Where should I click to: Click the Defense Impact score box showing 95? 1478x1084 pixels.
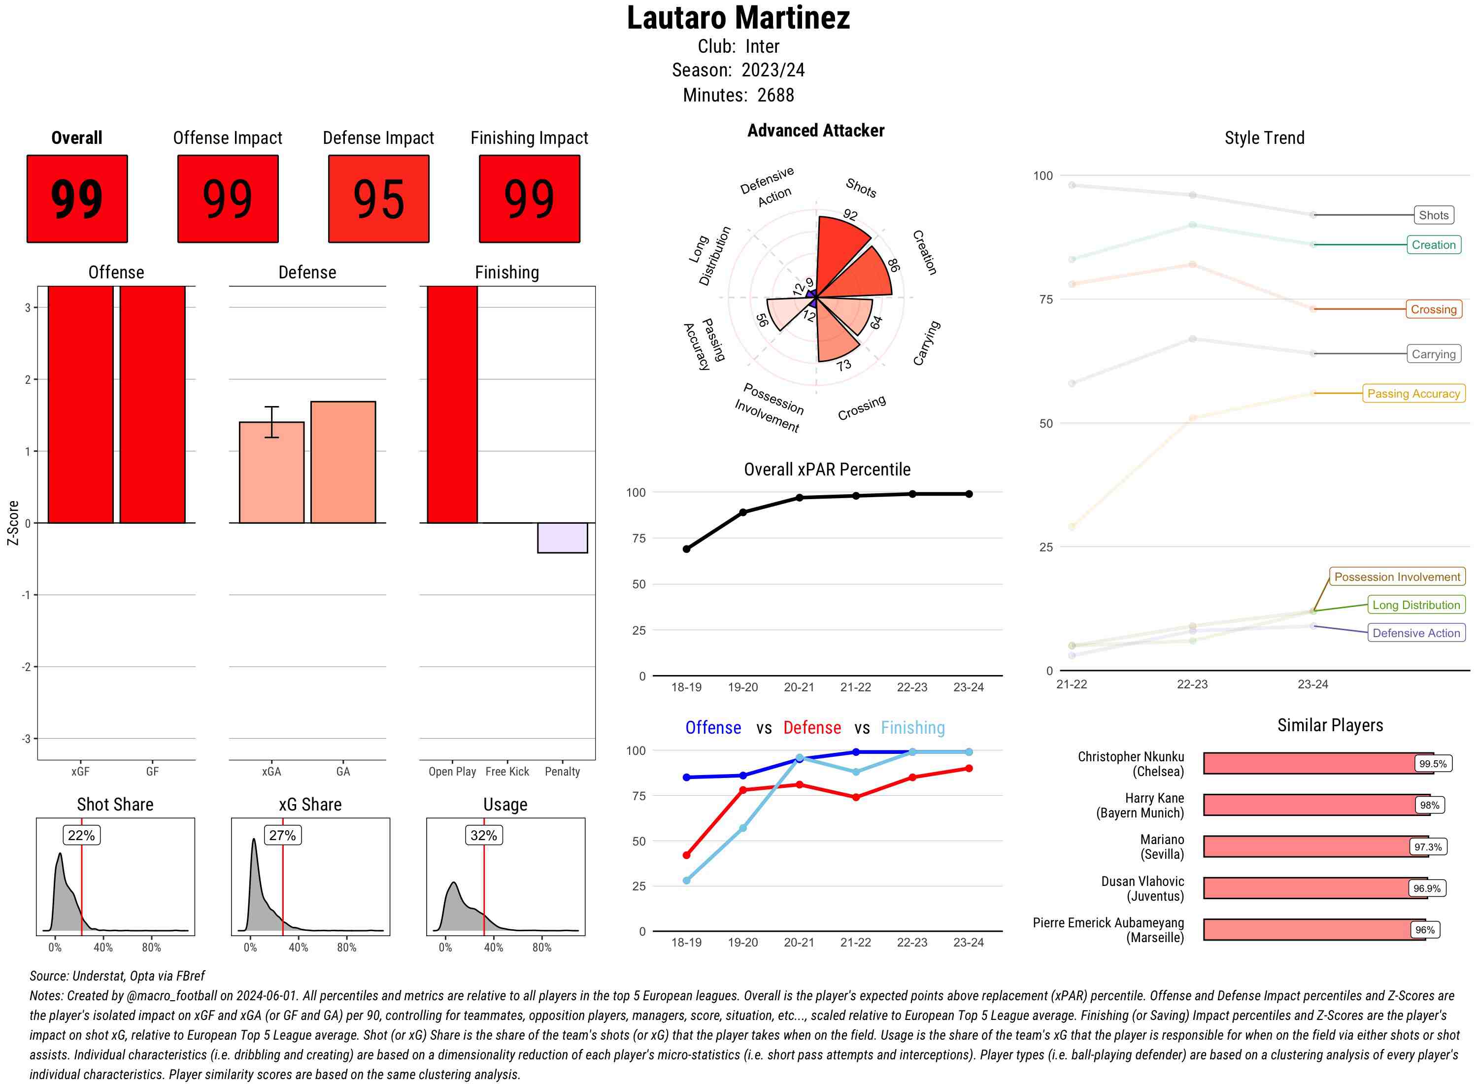click(x=378, y=199)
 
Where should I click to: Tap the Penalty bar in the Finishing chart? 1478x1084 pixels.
click(x=562, y=538)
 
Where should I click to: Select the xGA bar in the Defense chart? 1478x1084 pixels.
click(x=271, y=473)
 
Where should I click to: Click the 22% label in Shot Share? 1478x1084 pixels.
click(x=81, y=835)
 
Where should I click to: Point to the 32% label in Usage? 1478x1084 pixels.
click(x=483, y=835)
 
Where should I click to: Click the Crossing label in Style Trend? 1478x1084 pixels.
click(x=1433, y=309)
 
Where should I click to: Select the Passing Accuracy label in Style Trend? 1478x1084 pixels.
click(x=1414, y=394)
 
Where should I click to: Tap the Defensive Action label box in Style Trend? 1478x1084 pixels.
click(x=1416, y=633)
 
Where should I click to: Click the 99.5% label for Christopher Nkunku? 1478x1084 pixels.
click(x=1433, y=764)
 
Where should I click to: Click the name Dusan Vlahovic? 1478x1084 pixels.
click(x=1142, y=881)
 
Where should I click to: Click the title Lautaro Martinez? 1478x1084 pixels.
click(x=738, y=18)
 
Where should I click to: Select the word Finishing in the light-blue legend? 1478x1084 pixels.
click(x=912, y=728)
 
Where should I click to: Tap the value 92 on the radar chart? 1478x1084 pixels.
click(x=850, y=214)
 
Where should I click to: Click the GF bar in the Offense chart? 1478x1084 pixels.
click(x=152, y=404)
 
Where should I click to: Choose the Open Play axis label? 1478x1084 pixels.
click(x=452, y=772)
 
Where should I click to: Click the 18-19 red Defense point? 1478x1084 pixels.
click(x=686, y=855)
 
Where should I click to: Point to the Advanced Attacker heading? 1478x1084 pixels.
click(x=815, y=131)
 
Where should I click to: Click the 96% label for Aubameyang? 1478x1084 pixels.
click(x=1425, y=930)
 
